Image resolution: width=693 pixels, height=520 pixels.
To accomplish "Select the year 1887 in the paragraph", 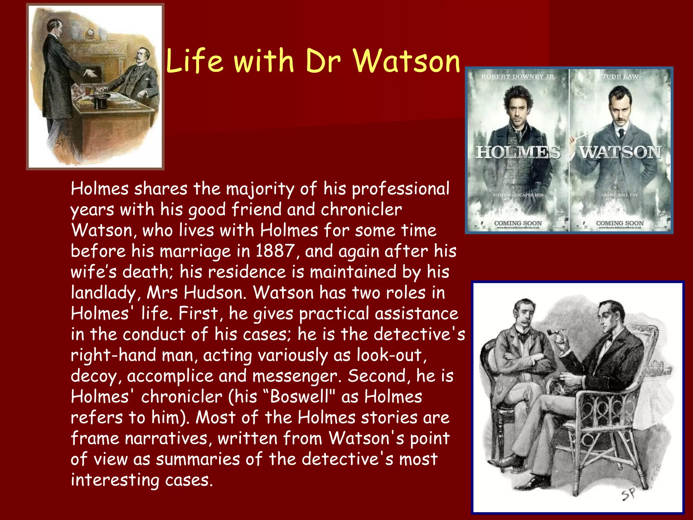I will pos(274,251).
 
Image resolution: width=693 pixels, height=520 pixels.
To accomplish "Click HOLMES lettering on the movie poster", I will pos(518,152).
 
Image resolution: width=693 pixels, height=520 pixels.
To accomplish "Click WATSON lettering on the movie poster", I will pos(620,152).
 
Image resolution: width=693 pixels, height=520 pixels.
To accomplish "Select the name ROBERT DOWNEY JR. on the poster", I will pos(518,77).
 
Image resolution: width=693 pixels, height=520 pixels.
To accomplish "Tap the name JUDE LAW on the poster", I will pos(620,77).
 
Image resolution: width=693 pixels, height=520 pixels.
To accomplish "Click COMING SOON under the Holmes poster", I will pos(518,223).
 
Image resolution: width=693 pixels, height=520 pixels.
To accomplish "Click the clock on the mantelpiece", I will pos(90,33).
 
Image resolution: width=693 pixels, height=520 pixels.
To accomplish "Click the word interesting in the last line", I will pos(115,480).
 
